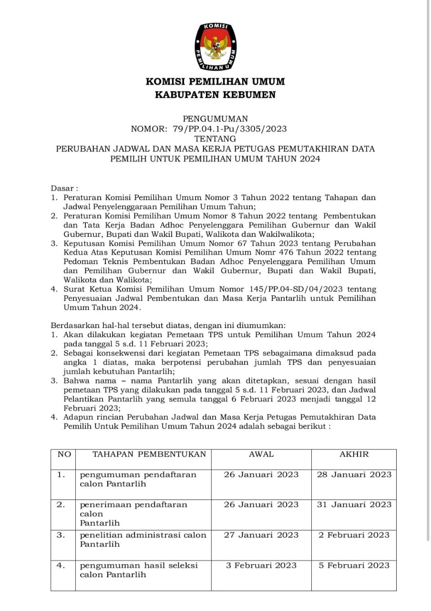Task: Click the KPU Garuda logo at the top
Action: pyautogui.click(x=215, y=47)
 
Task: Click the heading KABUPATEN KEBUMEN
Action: pyautogui.click(x=215, y=95)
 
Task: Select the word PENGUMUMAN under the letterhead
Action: pyautogui.click(x=215, y=119)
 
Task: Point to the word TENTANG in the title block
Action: pyautogui.click(x=215, y=138)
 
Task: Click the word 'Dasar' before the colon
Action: pyautogui.click(x=62, y=188)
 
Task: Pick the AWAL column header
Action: pyautogui.click(x=261, y=454)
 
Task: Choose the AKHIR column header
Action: pyautogui.click(x=354, y=454)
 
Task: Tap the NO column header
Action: pyautogui.click(x=63, y=454)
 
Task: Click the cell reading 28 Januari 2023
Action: pyautogui.click(x=354, y=474)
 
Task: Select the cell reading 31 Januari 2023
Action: pyautogui.click(x=354, y=505)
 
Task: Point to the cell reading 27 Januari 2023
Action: pyautogui.click(x=261, y=535)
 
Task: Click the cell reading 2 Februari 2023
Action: pyautogui.click(x=354, y=535)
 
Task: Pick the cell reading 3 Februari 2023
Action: pyautogui.click(x=261, y=565)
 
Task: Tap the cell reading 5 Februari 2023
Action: pyautogui.click(x=354, y=565)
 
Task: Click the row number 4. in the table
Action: pyautogui.click(x=61, y=565)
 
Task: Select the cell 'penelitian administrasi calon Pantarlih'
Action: pyautogui.click(x=143, y=539)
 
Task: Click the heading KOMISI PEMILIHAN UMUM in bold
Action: pyautogui.click(x=215, y=82)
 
